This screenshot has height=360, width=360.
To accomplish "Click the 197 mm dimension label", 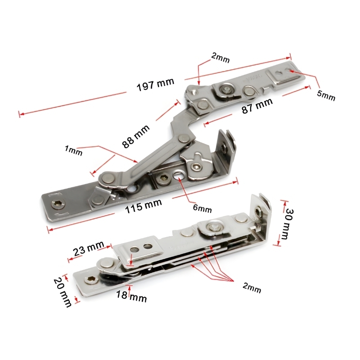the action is click(155, 85).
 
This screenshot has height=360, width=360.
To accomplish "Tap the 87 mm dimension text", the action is click(257, 106).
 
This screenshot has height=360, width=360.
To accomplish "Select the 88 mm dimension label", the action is click(136, 136).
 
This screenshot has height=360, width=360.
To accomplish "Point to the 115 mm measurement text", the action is click(144, 206).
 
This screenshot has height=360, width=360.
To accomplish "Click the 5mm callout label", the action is click(326, 96).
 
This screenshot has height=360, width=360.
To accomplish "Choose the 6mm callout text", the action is click(202, 208).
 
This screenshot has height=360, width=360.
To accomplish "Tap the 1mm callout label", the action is click(73, 151).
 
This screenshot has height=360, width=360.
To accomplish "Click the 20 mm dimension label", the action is click(62, 292).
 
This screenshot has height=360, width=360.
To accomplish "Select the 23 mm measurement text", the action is click(89, 248).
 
